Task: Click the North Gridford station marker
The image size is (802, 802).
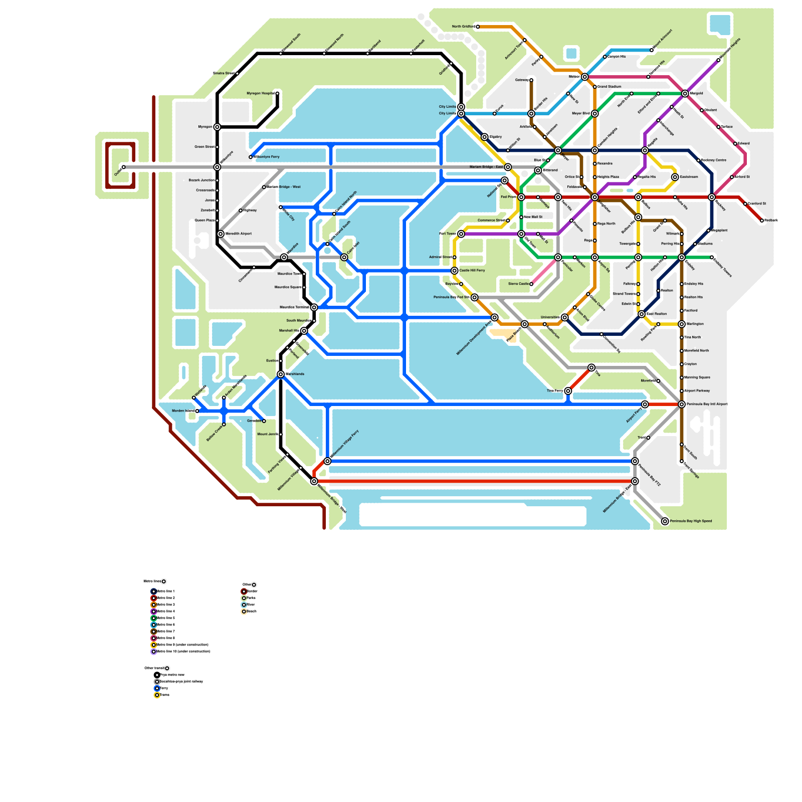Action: [478, 27]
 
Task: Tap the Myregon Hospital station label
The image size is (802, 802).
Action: [261, 93]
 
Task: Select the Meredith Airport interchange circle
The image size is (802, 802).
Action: [221, 234]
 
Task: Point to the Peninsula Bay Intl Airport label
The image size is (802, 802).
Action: [707, 404]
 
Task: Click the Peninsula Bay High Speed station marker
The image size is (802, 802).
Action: [665, 521]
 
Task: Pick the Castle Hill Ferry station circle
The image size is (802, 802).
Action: [455, 271]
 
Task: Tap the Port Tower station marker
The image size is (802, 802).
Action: [461, 234]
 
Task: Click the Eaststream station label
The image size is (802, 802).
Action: [689, 177]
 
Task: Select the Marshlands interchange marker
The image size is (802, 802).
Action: [281, 374]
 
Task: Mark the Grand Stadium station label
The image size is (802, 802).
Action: [609, 87]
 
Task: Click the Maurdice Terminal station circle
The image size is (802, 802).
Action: [314, 307]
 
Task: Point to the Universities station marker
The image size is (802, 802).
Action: [565, 317]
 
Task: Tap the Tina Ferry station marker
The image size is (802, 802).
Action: [568, 391]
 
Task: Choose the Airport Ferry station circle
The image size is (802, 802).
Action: [645, 404]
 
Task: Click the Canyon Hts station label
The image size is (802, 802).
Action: [617, 57]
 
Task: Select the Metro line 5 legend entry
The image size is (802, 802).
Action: [165, 618]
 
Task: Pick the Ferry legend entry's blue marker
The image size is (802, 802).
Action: [157, 688]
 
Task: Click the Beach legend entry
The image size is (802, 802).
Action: [251, 612]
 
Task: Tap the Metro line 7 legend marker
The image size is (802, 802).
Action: [154, 632]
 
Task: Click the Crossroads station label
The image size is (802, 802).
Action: [206, 190]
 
